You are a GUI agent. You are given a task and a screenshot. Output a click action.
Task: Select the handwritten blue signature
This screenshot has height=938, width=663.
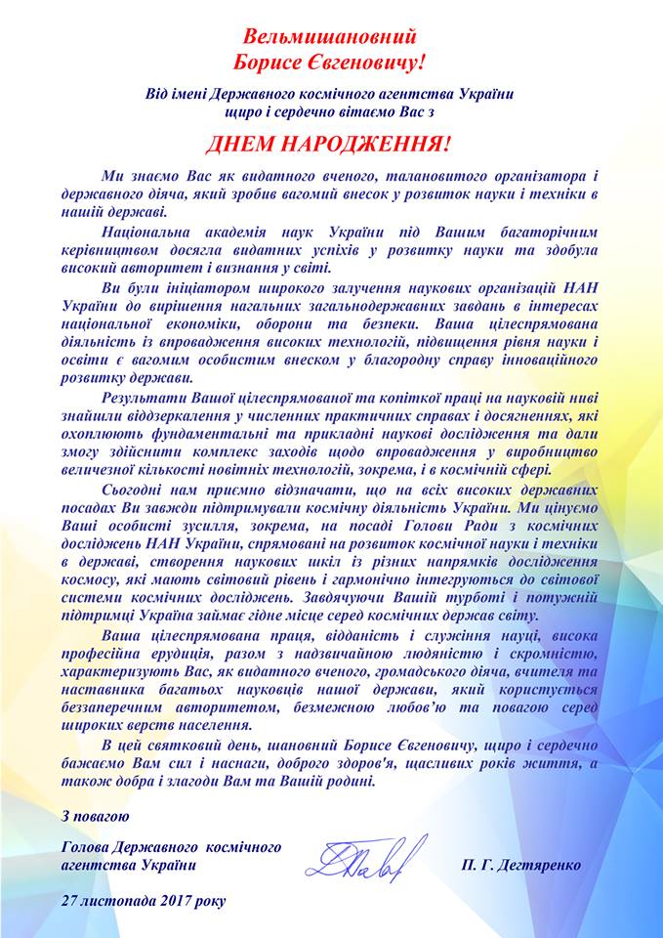coord(366,857)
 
